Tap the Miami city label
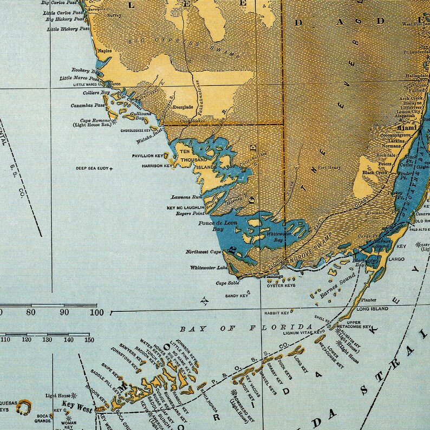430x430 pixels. tap(405, 128)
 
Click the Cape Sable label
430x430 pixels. tap(228, 283)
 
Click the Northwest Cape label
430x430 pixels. tap(203, 252)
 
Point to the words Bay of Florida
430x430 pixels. tap(246, 328)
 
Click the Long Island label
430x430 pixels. tap(373, 309)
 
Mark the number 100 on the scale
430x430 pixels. tap(97, 312)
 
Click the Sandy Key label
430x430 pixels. tap(236, 296)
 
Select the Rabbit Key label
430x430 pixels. tap(277, 312)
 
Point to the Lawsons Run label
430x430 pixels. tap(187, 198)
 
